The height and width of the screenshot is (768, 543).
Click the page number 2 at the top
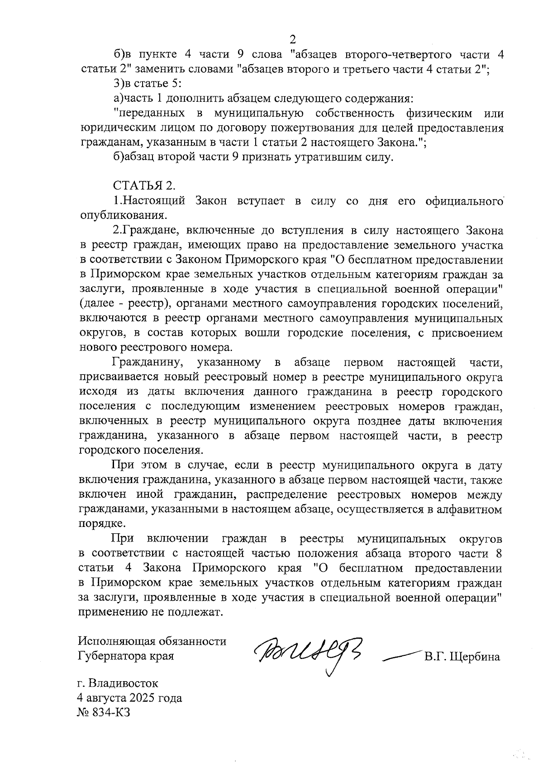[x=293, y=38]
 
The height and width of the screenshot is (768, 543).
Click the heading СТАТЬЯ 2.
[x=143, y=185]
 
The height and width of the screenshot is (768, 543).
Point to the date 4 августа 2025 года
[x=130, y=697]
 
